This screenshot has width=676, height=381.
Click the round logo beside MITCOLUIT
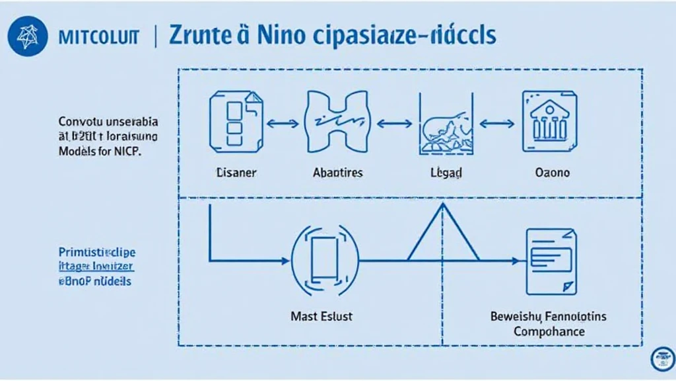[x=28, y=36]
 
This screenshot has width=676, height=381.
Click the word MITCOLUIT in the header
[x=98, y=37]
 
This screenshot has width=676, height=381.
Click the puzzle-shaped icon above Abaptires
[x=337, y=122]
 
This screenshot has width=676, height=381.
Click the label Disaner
[x=235, y=173]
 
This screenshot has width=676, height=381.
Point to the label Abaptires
[x=337, y=173]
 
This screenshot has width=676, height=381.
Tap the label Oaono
[x=551, y=173]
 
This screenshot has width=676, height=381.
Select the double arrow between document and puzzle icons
[x=284, y=123]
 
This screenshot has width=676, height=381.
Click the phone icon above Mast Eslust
[x=325, y=260]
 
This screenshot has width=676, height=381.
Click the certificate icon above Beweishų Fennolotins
[x=551, y=261]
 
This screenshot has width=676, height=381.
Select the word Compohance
[x=549, y=331]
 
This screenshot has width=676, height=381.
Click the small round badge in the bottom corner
[x=661, y=359]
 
